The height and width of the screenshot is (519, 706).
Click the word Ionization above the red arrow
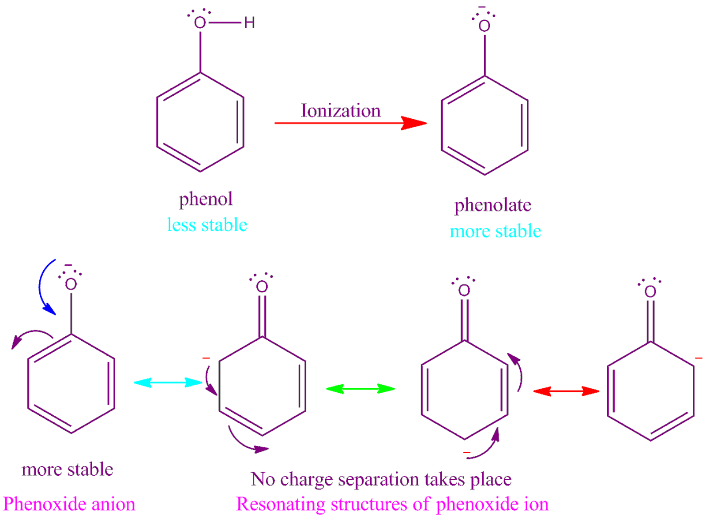pos(340,110)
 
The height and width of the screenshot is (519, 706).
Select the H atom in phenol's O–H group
pos(250,23)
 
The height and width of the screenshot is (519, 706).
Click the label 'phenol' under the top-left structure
pos(206,199)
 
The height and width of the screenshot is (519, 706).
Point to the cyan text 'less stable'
pos(207,225)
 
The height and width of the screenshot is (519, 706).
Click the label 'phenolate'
pos(493,205)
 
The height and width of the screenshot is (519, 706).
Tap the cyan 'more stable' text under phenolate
pos(495,231)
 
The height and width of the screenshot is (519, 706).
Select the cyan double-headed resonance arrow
pos(168,382)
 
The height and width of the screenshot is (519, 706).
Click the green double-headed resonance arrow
pos(360,388)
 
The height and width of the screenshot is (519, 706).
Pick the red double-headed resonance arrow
pos(566,391)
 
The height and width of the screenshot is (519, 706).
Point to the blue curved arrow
pos(45,287)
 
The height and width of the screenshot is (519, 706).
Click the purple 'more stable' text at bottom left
pos(68,469)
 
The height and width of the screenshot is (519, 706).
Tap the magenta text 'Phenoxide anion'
pos(69,504)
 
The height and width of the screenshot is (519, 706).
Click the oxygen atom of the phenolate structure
pos(484,26)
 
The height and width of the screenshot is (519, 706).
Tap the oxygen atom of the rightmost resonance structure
pos(650,291)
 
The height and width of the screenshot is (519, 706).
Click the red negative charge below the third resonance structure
pos(467,453)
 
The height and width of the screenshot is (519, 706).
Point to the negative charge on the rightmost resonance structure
pos(698,358)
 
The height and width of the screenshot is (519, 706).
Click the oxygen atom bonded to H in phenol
pos(200,23)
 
